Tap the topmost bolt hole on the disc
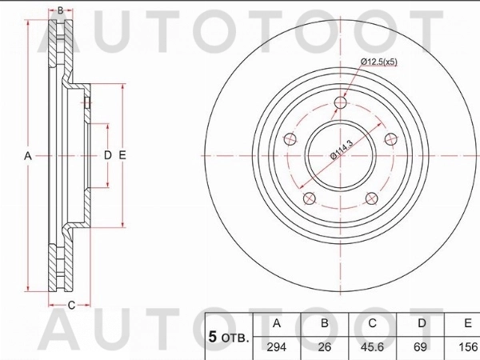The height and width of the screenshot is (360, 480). [x=341, y=102]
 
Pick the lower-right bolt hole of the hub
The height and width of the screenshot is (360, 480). [x=370, y=199]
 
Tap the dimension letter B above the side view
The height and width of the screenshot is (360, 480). [x=60, y=10]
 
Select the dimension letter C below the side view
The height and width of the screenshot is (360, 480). [x=71, y=305]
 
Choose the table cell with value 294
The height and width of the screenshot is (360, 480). [x=277, y=347]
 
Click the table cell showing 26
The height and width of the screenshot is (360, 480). [x=325, y=347]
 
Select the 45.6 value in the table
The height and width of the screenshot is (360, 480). [x=373, y=347]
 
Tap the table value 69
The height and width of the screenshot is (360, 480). [x=421, y=347]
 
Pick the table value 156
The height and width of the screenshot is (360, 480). [x=466, y=347]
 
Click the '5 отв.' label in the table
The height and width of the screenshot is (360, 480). [x=229, y=338]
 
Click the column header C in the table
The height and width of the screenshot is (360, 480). [x=373, y=324]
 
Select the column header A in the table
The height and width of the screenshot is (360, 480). [x=277, y=324]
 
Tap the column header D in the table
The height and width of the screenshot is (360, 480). [x=421, y=324]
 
